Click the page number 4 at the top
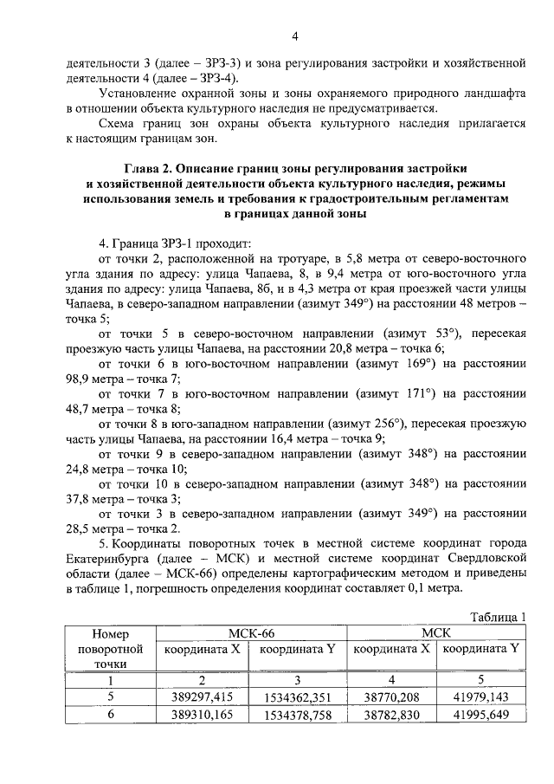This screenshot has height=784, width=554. (294, 36)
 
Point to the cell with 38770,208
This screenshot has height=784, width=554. (392, 695)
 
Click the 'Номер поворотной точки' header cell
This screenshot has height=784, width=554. (109, 649)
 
